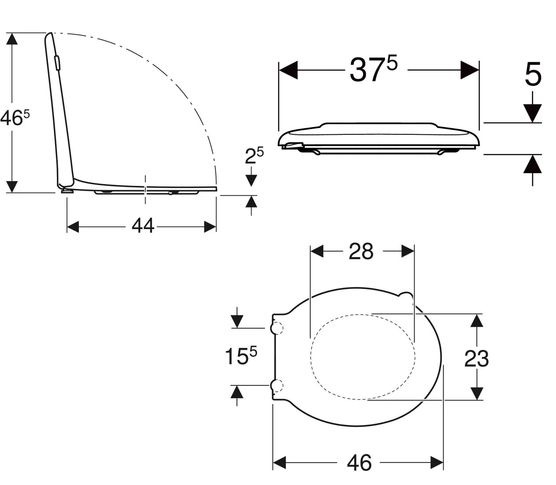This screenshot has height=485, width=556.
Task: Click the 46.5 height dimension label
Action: point(15,118)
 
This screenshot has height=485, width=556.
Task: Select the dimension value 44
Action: point(143,226)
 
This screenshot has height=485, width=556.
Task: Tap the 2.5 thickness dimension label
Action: point(254,155)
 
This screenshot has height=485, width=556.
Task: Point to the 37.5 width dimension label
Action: point(373,70)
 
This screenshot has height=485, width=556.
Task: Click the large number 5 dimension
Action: point(533,74)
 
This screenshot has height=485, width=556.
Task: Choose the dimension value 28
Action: point(361,252)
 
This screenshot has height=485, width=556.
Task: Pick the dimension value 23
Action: point(476,359)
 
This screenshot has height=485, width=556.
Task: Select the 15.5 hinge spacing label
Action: point(241,356)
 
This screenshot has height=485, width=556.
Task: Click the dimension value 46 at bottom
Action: point(359,463)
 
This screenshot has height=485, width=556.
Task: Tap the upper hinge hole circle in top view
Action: point(276,328)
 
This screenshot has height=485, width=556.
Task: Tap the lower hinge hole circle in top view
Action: point(276,386)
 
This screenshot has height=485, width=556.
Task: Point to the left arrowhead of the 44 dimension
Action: point(73,227)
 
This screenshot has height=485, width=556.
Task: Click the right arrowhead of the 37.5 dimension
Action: point(470,70)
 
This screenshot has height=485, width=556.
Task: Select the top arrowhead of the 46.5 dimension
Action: point(12,39)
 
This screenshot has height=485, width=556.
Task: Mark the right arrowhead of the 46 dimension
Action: point(437,463)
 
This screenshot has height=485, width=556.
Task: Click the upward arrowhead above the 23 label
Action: point(476,321)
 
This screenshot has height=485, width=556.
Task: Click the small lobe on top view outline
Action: point(406,297)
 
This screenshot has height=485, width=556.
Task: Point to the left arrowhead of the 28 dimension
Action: point(317,252)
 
